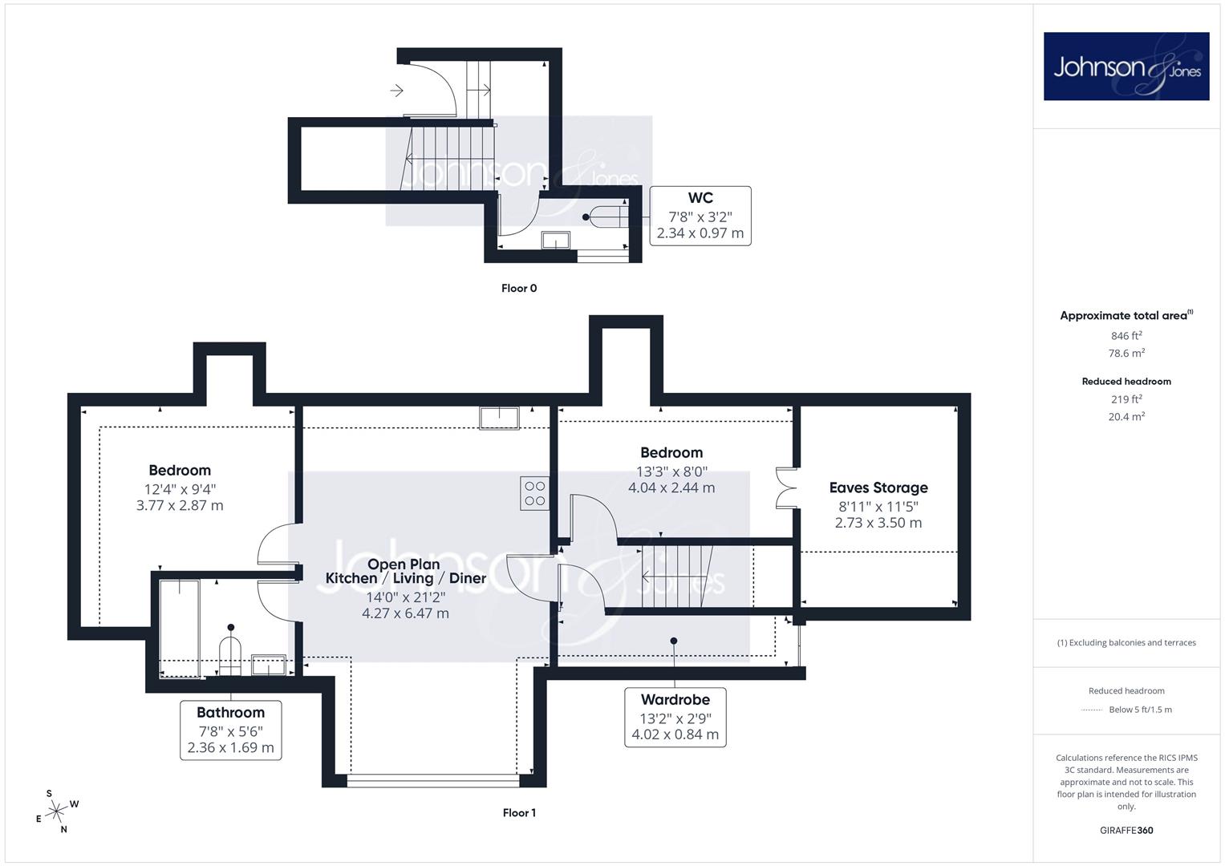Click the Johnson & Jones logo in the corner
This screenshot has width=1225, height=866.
pyautogui.click(x=1126, y=66)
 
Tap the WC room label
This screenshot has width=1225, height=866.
pyautogui.click(x=700, y=198)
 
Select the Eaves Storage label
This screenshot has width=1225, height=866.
pyautogui.click(x=878, y=488)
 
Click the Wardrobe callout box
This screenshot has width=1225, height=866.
pyautogui.click(x=675, y=718)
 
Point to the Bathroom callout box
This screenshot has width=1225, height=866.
pyautogui.click(x=231, y=730)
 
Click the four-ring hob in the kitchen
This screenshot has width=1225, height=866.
pyautogui.click(x=534, y=493)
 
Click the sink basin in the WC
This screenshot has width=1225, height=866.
pyautogui.click(x=556, y=240)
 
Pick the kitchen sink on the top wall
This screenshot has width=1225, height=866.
pyautogui.click(x=499, y=419)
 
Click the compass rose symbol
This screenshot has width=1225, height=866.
pyautogui.click(x=56, y=811)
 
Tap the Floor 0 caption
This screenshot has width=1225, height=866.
pyautogui.click(x=519, y=288)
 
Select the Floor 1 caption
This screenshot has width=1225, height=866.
pyautogui.click(x=519, y=813)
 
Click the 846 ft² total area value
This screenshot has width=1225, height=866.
pyautogui.click(x=1126, y=336)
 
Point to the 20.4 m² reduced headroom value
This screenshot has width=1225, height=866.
pyautogui.click(x=1126, y=417)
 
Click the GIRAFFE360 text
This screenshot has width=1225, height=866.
pyautogui.click(x=1126, y=831)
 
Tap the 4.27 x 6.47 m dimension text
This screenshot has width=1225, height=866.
pyautogui.click(x=405, y=613)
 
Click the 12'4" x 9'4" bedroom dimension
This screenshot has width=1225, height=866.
pyautogui.click(x=180, y=489)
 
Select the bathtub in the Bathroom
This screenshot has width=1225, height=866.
pyautogui.click(x=180, y=629)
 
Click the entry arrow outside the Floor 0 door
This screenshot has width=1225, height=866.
pyautogui.click(x=396, y=90)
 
